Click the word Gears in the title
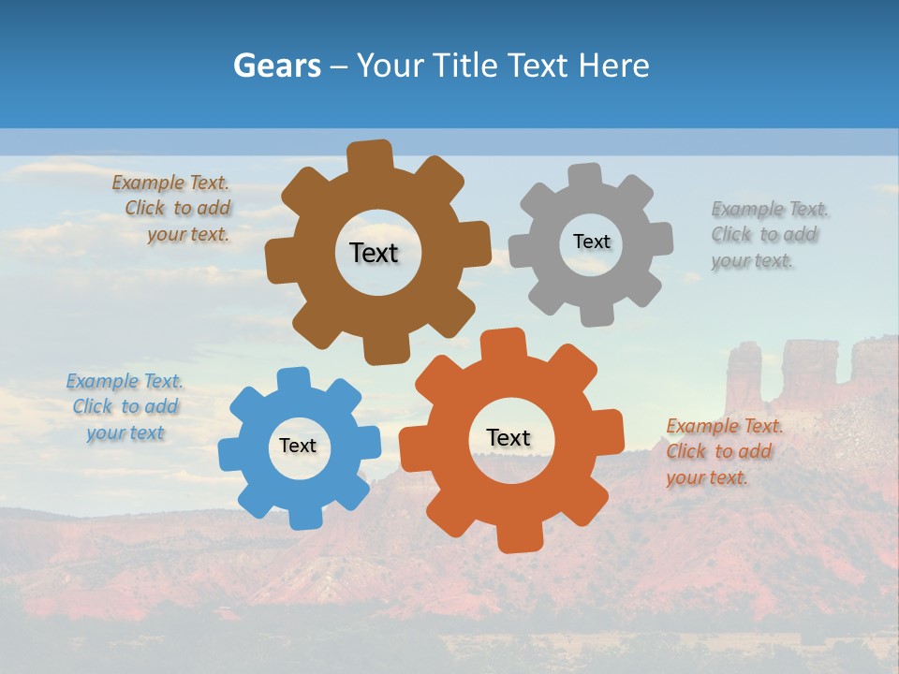[276, 66]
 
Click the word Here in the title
[613, 66]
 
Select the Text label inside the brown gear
[374, 253]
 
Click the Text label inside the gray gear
[591, 242]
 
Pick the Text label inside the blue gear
[298, 446]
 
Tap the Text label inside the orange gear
[508, 437]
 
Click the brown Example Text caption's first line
[170, 183]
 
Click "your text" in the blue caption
[125, 432]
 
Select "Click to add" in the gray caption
[764, 234]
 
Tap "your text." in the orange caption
[707, 477]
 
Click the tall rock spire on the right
[744, 374]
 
